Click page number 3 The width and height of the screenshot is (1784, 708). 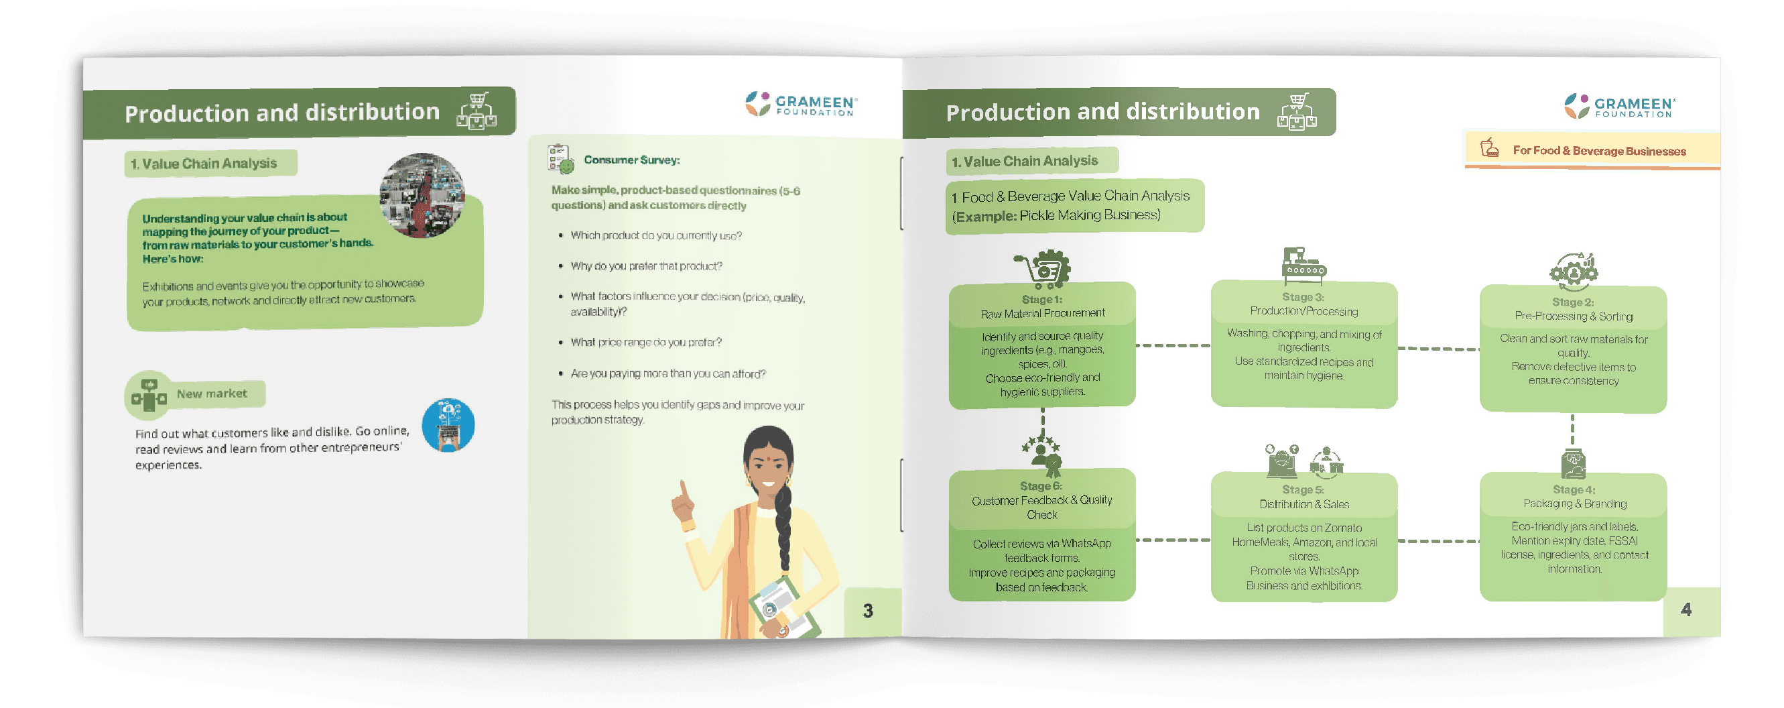(x=868, y=610)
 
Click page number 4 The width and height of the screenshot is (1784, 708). (x=1685, y=609)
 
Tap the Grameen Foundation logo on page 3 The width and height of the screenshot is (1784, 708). (x=802, y=104)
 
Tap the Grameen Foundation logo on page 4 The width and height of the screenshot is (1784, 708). (x=1619, y=106)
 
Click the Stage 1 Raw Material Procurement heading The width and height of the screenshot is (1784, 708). (x=1042, y=307)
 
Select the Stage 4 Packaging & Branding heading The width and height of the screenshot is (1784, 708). (x=1574, y=497)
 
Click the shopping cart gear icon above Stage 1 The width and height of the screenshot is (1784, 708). (x=1043, y=269)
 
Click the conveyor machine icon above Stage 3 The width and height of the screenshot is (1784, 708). (x=1303, y=266)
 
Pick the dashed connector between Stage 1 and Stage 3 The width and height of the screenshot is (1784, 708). (x=1173, y=345)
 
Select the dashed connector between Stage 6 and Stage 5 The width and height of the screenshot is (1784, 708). (x=1173, y=540)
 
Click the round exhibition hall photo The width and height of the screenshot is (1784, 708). (x=422, y=194)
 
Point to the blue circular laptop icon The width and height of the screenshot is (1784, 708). (x=448, y=424)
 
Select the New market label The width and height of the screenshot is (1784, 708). (x=211, y=394)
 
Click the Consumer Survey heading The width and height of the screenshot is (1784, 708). (x=631, y=160)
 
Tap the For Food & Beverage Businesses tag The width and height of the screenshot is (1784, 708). (x=1598, y=150)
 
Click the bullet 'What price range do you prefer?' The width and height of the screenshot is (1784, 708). (x=645, y=342)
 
